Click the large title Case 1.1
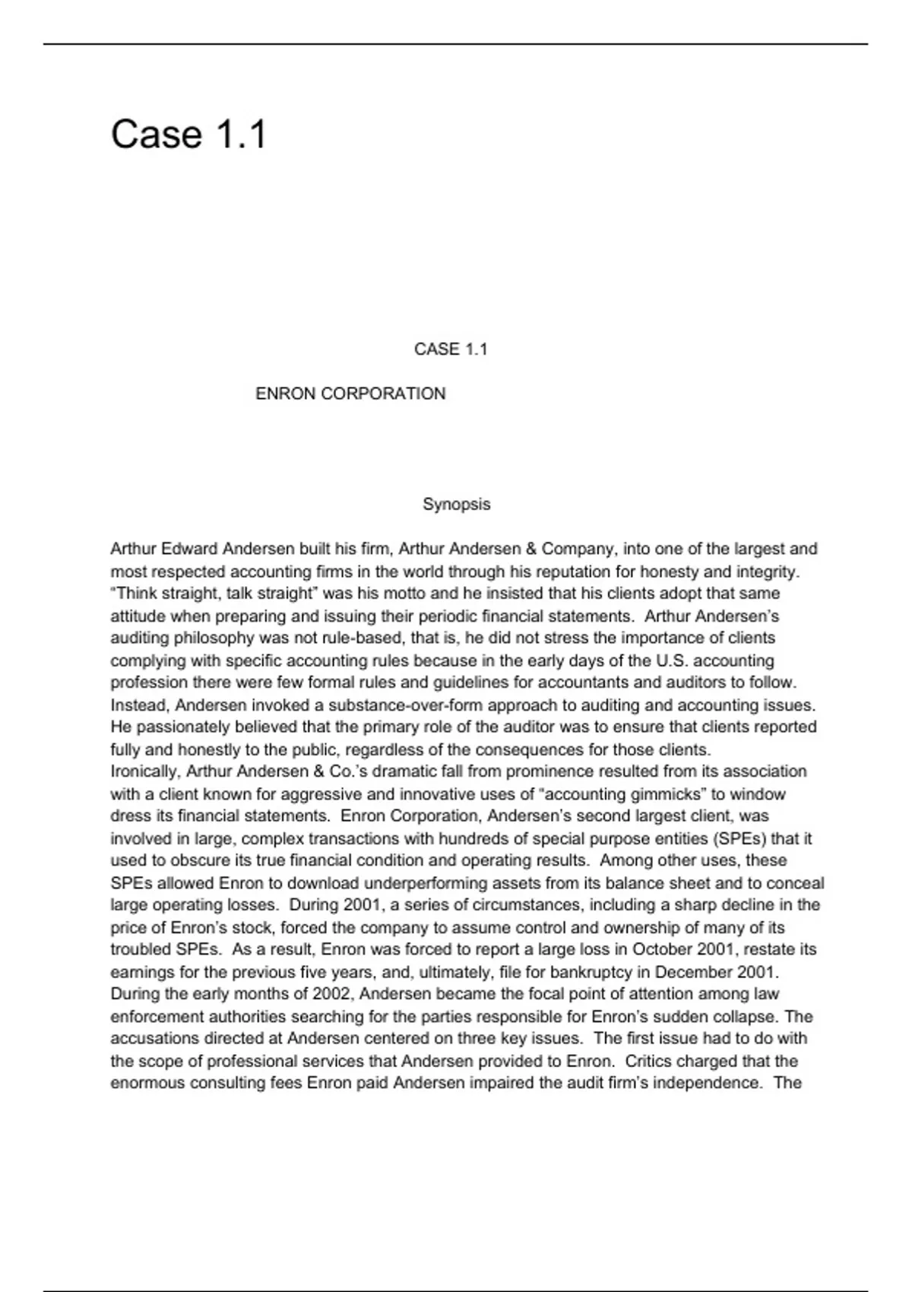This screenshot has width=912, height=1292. pyautogui.click(x=188, y=135)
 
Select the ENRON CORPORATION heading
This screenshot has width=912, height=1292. pyautogui.click(x=350, y=394)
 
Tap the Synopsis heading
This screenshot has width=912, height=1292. pyautogui.click(x=456, y=504)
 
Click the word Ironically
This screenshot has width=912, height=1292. pyautogui.click(x=144, y=771)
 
